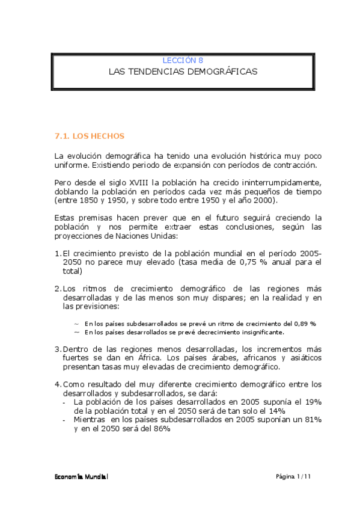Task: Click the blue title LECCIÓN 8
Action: coord(183,60)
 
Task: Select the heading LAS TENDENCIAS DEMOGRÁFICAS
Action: coord(183,72)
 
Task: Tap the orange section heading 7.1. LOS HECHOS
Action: coord(89,137)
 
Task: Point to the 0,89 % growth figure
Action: coord(305,323)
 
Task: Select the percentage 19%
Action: coord(313,401)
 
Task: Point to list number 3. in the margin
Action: coord(57,349)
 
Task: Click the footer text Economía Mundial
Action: coord(80,476)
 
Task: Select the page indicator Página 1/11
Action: coord(293,476)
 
